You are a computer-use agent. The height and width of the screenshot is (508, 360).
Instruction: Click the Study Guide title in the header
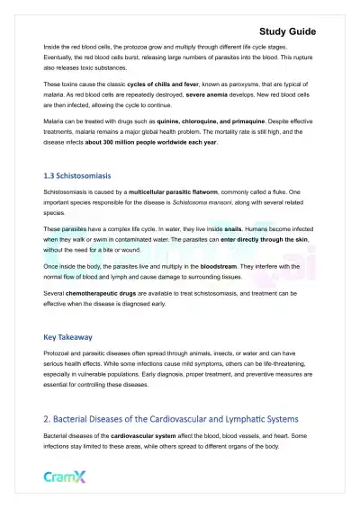click(310, 31)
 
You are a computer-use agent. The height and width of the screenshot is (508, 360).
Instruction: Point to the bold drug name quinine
click(156, 129)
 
